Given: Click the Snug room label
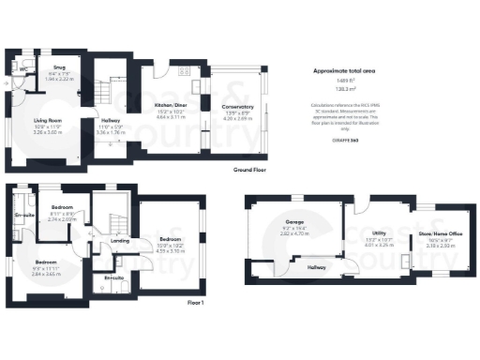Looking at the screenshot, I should pos(57,68).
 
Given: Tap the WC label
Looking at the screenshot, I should pos(22,68).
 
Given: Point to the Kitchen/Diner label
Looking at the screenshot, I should pos(172,110).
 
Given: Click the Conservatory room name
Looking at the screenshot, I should pos(238,109).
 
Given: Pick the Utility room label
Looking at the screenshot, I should pos(380,231).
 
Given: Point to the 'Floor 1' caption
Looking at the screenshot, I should pos(196,302).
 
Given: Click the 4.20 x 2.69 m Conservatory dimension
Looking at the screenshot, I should pos(238,119).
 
